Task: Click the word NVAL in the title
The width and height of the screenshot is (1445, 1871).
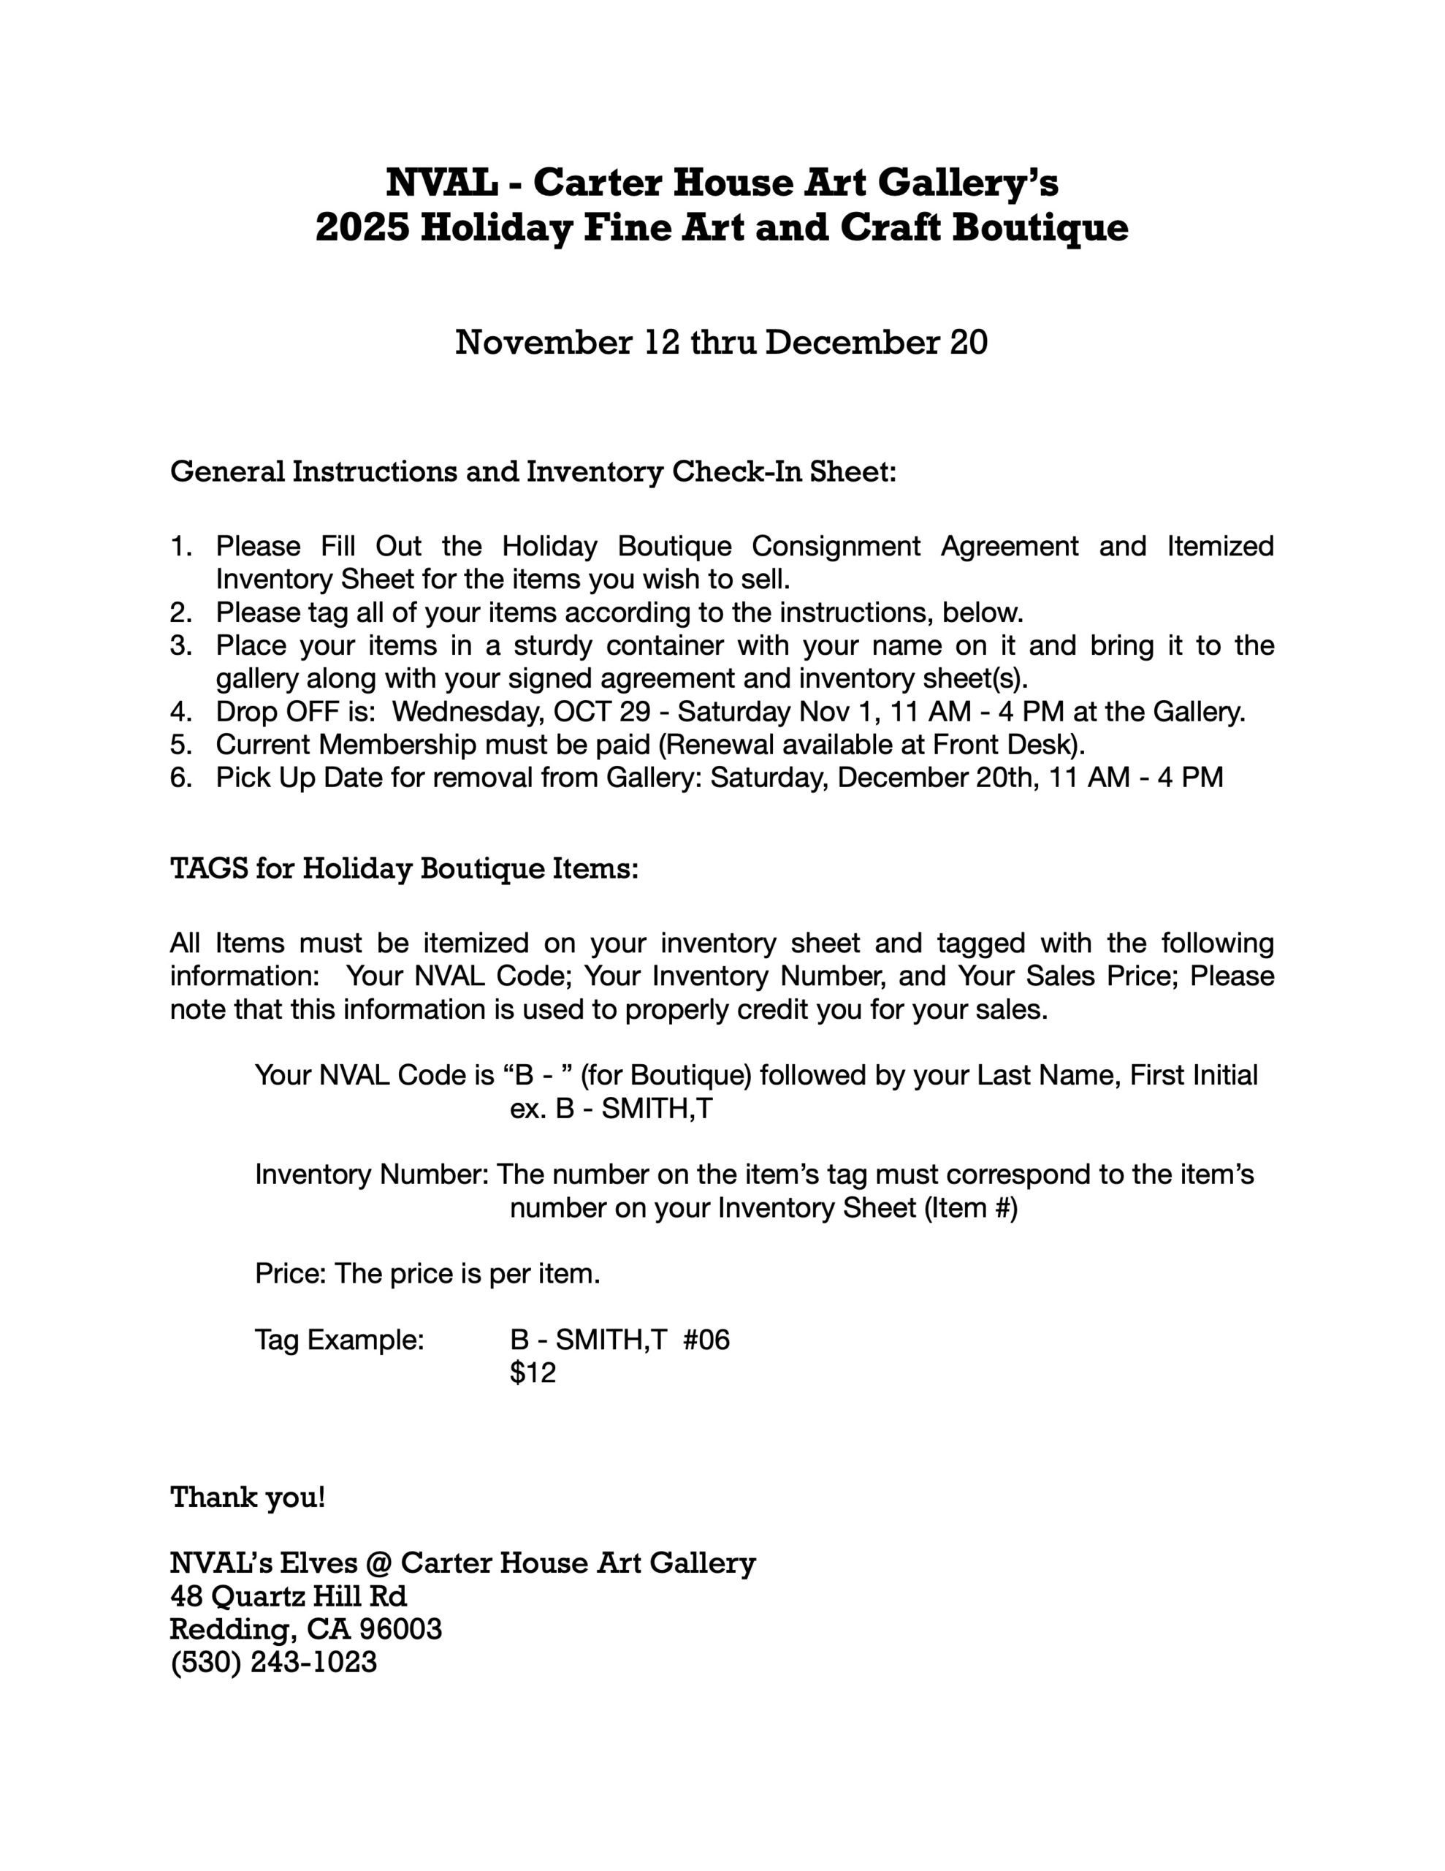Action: pos(441,183)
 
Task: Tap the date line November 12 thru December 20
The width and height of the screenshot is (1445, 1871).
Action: pos(721,342)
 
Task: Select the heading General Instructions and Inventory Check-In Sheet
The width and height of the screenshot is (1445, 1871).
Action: pos(533,471)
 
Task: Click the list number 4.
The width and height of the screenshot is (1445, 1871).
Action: pos(180,712)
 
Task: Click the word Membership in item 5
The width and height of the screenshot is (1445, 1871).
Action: pos(391,745)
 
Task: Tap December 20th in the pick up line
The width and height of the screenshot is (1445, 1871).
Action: pos(920,778)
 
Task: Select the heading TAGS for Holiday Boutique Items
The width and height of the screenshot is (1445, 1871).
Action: pos(404,869)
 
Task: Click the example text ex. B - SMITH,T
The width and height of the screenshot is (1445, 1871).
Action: pos(611,1109)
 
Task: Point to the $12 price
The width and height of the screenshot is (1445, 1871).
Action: pos(533,1373)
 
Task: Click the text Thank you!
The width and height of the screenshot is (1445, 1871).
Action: pos(248,1498)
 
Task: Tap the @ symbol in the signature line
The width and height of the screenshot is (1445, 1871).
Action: pos(378,1563)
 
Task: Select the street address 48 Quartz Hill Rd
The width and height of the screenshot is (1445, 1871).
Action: pos(289,1596)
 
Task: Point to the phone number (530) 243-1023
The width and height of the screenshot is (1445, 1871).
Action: pos(274,1662)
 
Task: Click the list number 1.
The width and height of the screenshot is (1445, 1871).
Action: pos(180,546)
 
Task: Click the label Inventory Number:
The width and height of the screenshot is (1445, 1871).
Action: pos(372,1174)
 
